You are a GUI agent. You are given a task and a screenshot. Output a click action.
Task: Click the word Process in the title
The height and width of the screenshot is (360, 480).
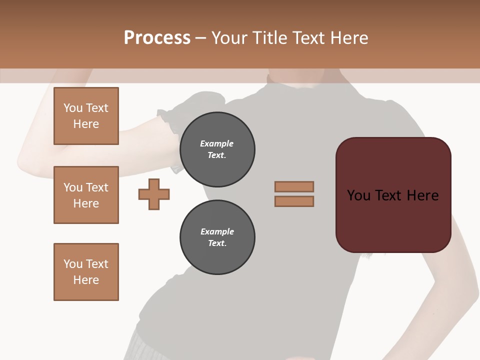click(157, 37)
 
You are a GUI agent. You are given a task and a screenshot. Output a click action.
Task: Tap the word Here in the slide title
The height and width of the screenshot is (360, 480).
click(348, 37)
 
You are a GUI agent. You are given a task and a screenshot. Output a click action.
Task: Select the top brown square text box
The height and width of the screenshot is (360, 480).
click(86, 116)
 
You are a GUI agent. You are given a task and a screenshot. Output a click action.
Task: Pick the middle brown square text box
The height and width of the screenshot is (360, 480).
click(86, 195)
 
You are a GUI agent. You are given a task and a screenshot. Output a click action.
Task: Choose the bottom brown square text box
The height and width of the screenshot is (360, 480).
click(86, 272)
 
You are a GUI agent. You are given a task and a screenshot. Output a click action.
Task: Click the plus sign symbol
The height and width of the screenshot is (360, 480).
click(154, 194)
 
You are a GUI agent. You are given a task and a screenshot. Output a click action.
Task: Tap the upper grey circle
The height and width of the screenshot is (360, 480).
click(217, 149)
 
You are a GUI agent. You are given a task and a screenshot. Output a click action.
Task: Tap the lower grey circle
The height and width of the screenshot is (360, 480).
click(217, 237)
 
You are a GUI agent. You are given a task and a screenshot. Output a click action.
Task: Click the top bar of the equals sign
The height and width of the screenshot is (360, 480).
click(294, 186)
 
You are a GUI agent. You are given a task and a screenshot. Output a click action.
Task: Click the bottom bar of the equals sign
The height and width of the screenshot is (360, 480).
click(294, 201)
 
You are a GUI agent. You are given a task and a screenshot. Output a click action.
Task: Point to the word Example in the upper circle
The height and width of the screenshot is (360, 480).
click(217, 143)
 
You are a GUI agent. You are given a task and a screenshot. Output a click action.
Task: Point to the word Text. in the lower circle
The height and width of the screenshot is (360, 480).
click(217, 243)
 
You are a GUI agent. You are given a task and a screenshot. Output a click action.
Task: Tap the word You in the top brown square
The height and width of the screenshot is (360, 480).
click(73, 108)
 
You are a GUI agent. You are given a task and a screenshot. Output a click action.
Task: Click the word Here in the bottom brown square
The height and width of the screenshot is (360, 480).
click(86, 280)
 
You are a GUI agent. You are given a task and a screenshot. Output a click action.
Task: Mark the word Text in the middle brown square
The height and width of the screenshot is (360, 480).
click(97, 187)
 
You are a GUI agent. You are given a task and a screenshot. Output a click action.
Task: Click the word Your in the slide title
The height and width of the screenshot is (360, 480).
click(230, 37)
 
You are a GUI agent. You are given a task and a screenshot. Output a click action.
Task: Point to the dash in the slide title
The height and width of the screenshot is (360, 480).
click(201, 38)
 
